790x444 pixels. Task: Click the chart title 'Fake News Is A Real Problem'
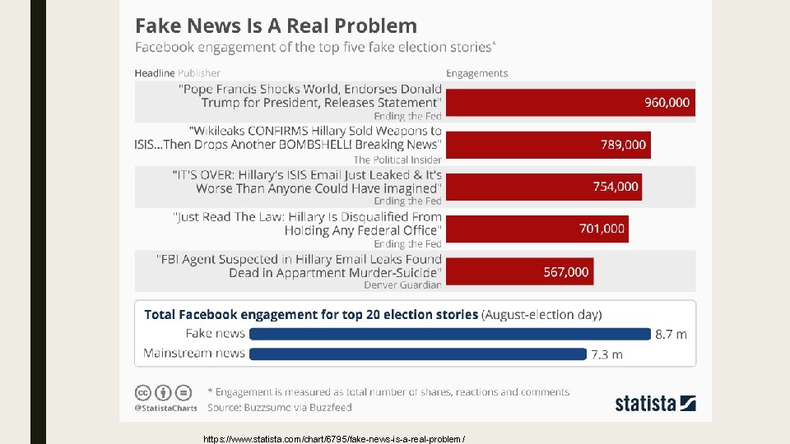[276, 25]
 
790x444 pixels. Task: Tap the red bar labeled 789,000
[548, 145]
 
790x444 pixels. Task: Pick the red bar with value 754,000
[543, 187]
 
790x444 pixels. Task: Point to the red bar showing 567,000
[519, 271]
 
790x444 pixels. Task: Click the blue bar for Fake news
[449, 334]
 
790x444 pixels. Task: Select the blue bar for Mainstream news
[417, 354]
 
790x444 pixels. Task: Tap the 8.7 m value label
[671, 335]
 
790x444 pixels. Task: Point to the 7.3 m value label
[606, 354]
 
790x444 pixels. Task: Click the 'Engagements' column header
[476, 73]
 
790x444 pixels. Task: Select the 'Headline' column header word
[155, 73]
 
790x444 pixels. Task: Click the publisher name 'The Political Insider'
[397, 160]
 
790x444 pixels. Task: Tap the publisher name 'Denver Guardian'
[402, 284]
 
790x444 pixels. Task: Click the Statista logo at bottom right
[655, 403]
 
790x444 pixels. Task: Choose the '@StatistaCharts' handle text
[165, 407]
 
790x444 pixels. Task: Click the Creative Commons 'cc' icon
[142, 392]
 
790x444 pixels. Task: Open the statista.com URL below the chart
[334, 438]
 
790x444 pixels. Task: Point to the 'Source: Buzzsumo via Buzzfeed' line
[279, 407]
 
